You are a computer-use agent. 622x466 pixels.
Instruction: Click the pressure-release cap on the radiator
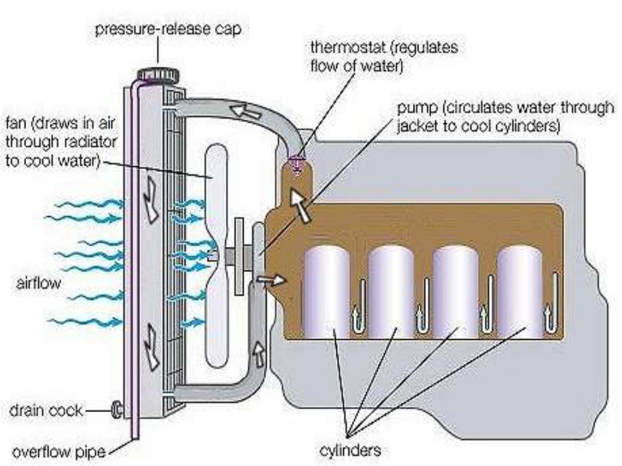158,75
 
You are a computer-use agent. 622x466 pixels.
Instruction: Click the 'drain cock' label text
45,411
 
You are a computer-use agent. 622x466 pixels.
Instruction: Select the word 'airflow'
39,283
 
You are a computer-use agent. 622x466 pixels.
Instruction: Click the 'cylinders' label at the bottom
350,450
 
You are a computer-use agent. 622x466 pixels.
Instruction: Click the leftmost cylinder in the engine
326,291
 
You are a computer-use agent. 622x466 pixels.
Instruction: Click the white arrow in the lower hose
259,354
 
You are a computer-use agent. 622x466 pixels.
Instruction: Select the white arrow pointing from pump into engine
270,280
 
